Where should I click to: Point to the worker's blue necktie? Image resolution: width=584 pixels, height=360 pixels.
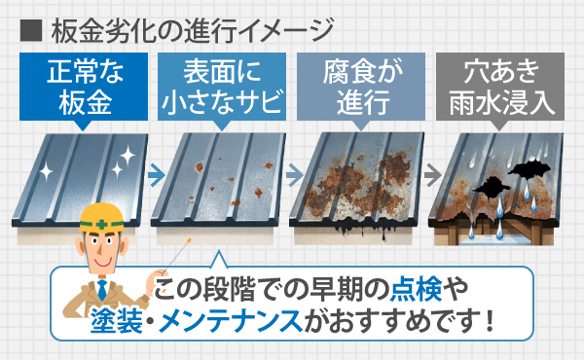pos(102,291)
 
